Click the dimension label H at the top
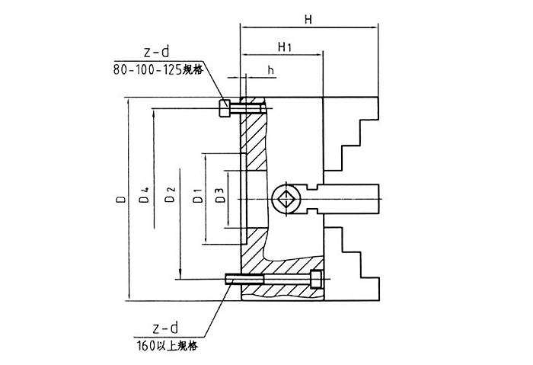(x=308, y=21)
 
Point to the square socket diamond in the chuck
(x=286, y=200)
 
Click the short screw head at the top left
(x=225, y=108)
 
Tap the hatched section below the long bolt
(x=282, y=292)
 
